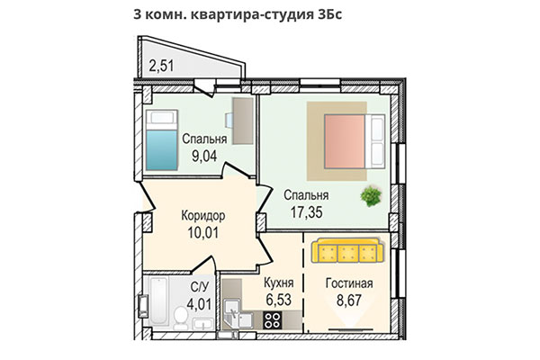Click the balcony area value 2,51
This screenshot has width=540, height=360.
point(162,65)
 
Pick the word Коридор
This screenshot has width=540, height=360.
point(202,216)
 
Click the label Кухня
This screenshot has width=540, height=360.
point(279,282)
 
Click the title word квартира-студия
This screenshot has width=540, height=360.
point(247,16)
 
